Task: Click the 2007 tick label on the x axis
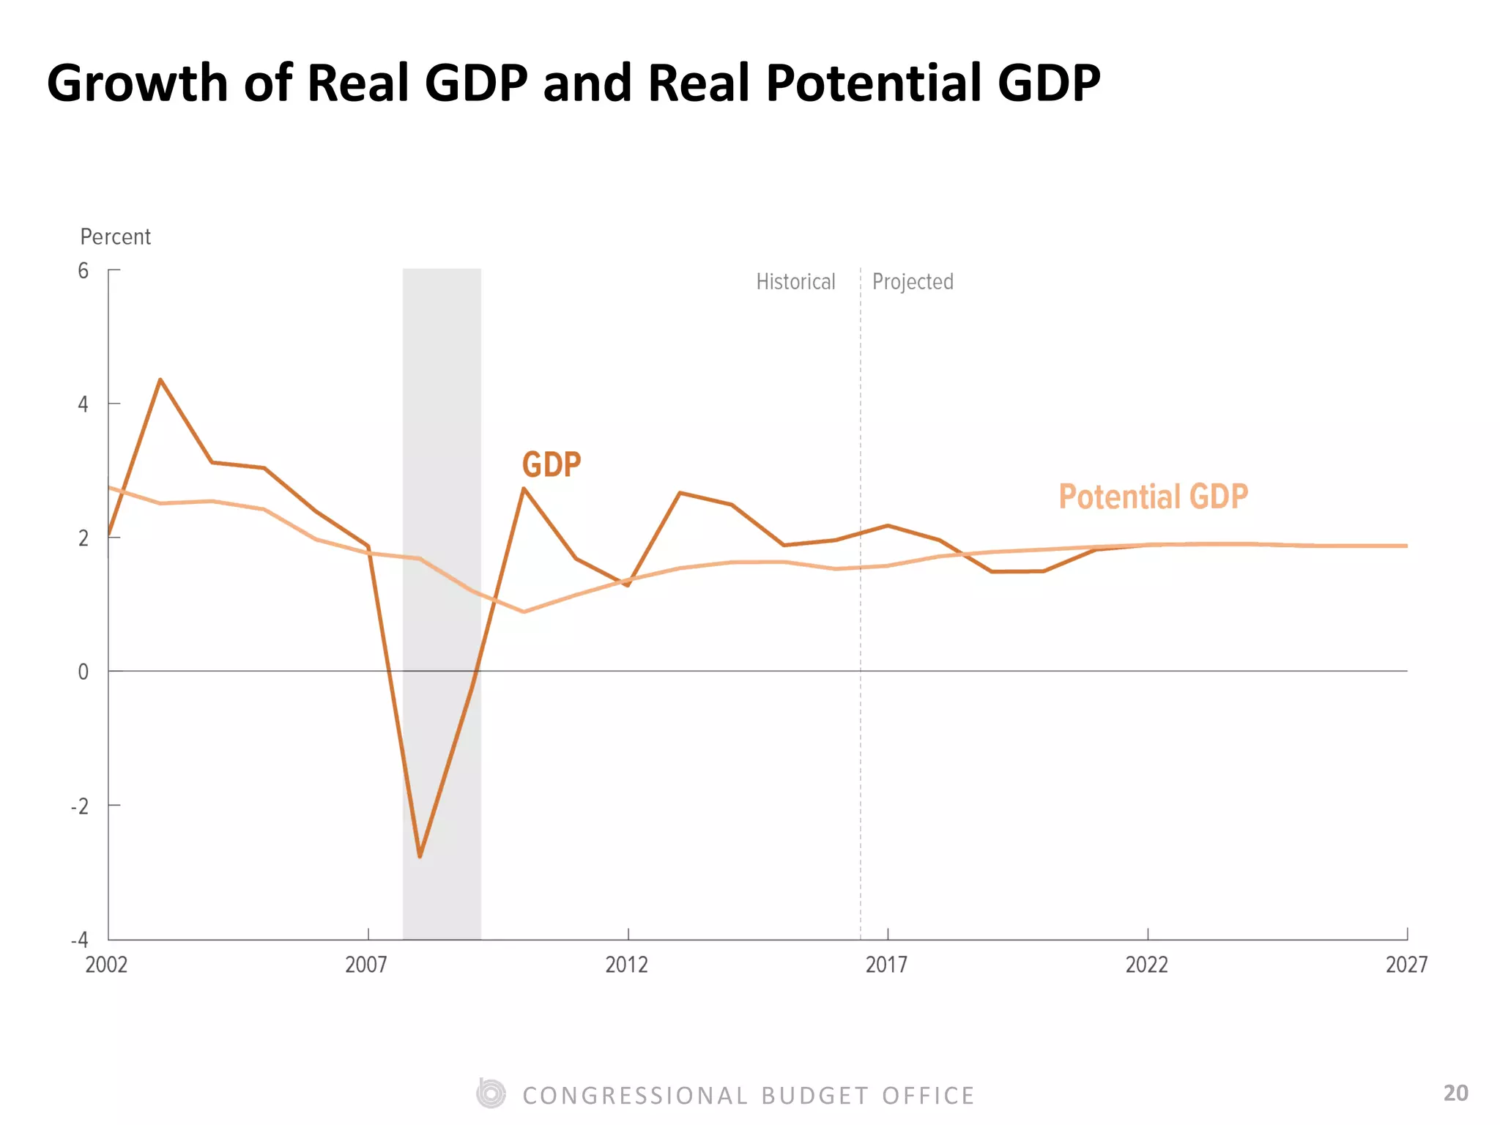pos(366,965)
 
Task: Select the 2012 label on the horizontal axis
pos(627,965)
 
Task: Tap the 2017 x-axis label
pos(887,965)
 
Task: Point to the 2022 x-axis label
pos(1147,965)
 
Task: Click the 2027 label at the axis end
pos(1407,965)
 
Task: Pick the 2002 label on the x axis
pos(107,965)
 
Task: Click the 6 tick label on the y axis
pos(83,271)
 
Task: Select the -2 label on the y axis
pos(80,806)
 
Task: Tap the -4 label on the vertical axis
pos(80,940)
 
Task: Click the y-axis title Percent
pos(116,237)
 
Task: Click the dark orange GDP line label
pos(552,464)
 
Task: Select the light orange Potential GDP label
pos(1154,497)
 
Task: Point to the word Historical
pos(795,282)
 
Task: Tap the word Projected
pos(913,282)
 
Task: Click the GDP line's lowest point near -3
pos(420,856)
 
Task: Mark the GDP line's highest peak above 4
pos(160,379)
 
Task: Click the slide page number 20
pos(1456,1093)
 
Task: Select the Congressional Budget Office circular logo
pos(491,1094)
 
